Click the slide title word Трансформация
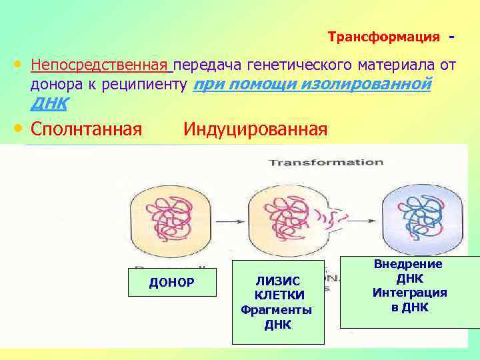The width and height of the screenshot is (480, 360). [x=384, y=37]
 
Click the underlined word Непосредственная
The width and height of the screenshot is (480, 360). [x=101, y=65]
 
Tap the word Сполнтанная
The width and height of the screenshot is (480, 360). [x=86, y=128]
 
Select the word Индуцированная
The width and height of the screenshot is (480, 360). [x=255, y=128]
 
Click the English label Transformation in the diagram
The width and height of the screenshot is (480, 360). [x=325, y=162]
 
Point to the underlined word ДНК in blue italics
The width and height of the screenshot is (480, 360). [x=48, y=103]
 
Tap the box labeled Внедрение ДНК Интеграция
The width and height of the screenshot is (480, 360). [x=409, y=292]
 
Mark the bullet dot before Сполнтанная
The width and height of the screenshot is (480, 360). [x=18, y=128]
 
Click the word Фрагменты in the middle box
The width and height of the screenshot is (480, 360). [x=276, y=310]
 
